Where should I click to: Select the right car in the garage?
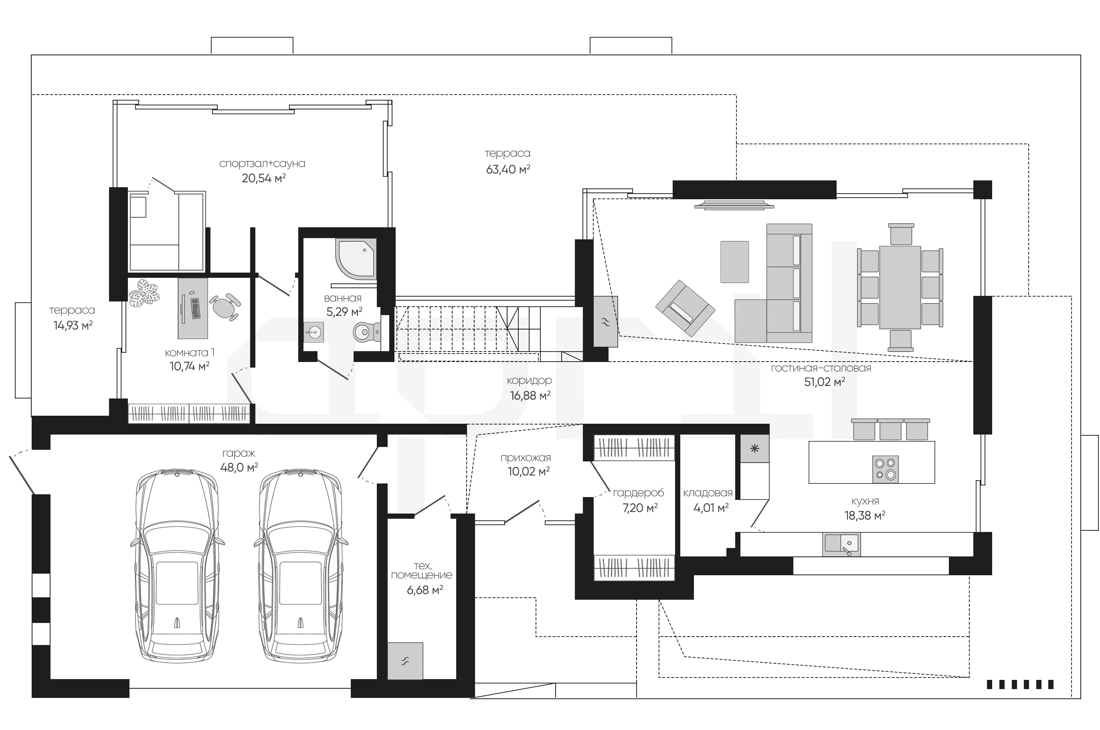[301, 565]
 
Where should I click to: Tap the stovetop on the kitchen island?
[885, 469]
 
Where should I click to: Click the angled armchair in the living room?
[685, 308]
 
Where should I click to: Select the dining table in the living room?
[900, 288]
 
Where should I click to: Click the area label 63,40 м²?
[508, 170]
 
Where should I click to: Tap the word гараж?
[239, 453]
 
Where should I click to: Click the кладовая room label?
[708, 493]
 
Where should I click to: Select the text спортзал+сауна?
[262, 164]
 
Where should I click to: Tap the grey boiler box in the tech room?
[405, 661]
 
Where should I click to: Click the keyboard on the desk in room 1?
[195, 308]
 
